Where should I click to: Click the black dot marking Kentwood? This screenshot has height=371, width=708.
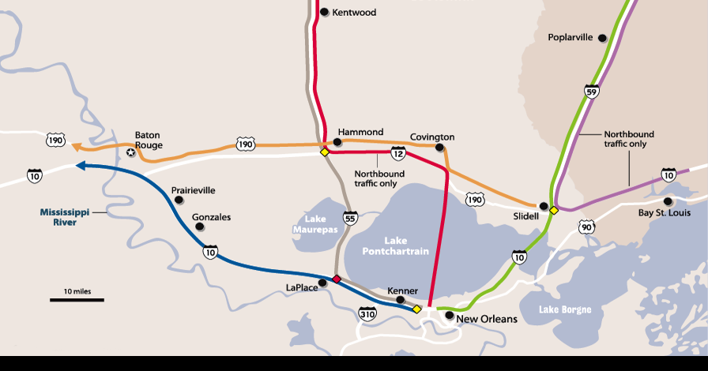click(x=324, y=12)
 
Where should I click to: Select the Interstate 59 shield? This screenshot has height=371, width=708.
click(x=591, y=91)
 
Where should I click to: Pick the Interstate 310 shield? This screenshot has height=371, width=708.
click(x=367, y=314)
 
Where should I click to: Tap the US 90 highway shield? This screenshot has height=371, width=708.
click(x=586, y=227)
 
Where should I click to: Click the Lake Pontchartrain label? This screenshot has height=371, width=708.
click(x=395, y=245)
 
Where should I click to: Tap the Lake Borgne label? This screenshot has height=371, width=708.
click(x=564, y=309)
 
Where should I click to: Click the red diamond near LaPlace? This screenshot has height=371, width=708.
click(x=337, y=279)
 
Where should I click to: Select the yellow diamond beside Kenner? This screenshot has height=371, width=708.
click(x=416, y=309)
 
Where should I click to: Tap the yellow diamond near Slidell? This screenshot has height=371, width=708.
click(x=554, y=210)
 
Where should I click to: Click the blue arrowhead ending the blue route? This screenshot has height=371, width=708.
click(x=80, y=165)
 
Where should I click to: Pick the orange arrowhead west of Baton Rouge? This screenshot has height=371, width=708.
click(x=75, y=145)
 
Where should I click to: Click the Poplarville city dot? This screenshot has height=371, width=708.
click(x=602, y=38)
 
